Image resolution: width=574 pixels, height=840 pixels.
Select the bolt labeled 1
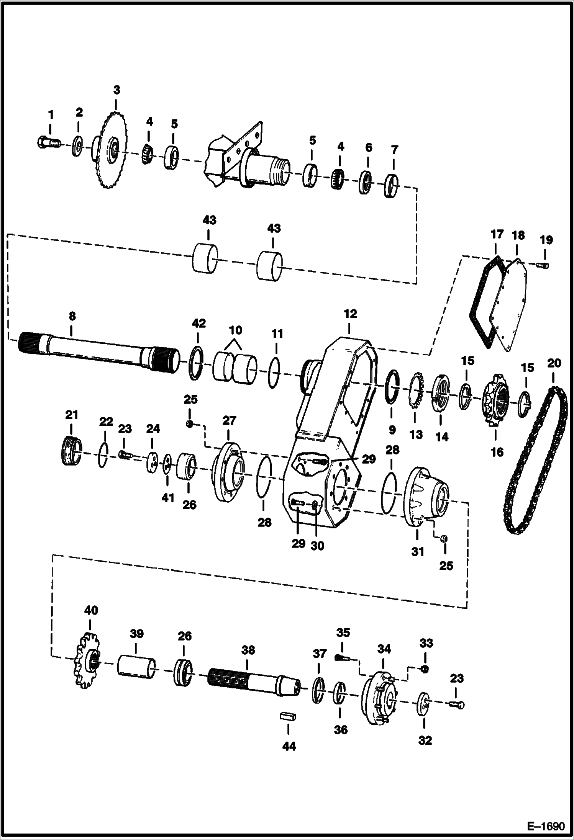(48, 143)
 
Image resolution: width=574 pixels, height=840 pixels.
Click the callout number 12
(350, 314)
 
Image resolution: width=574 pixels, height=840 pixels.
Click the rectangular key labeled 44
(289, 717)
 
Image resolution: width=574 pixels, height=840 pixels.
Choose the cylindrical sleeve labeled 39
(136, 668)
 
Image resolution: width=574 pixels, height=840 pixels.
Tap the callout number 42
(198, 323)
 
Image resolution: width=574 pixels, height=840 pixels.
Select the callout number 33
(426, 643)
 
